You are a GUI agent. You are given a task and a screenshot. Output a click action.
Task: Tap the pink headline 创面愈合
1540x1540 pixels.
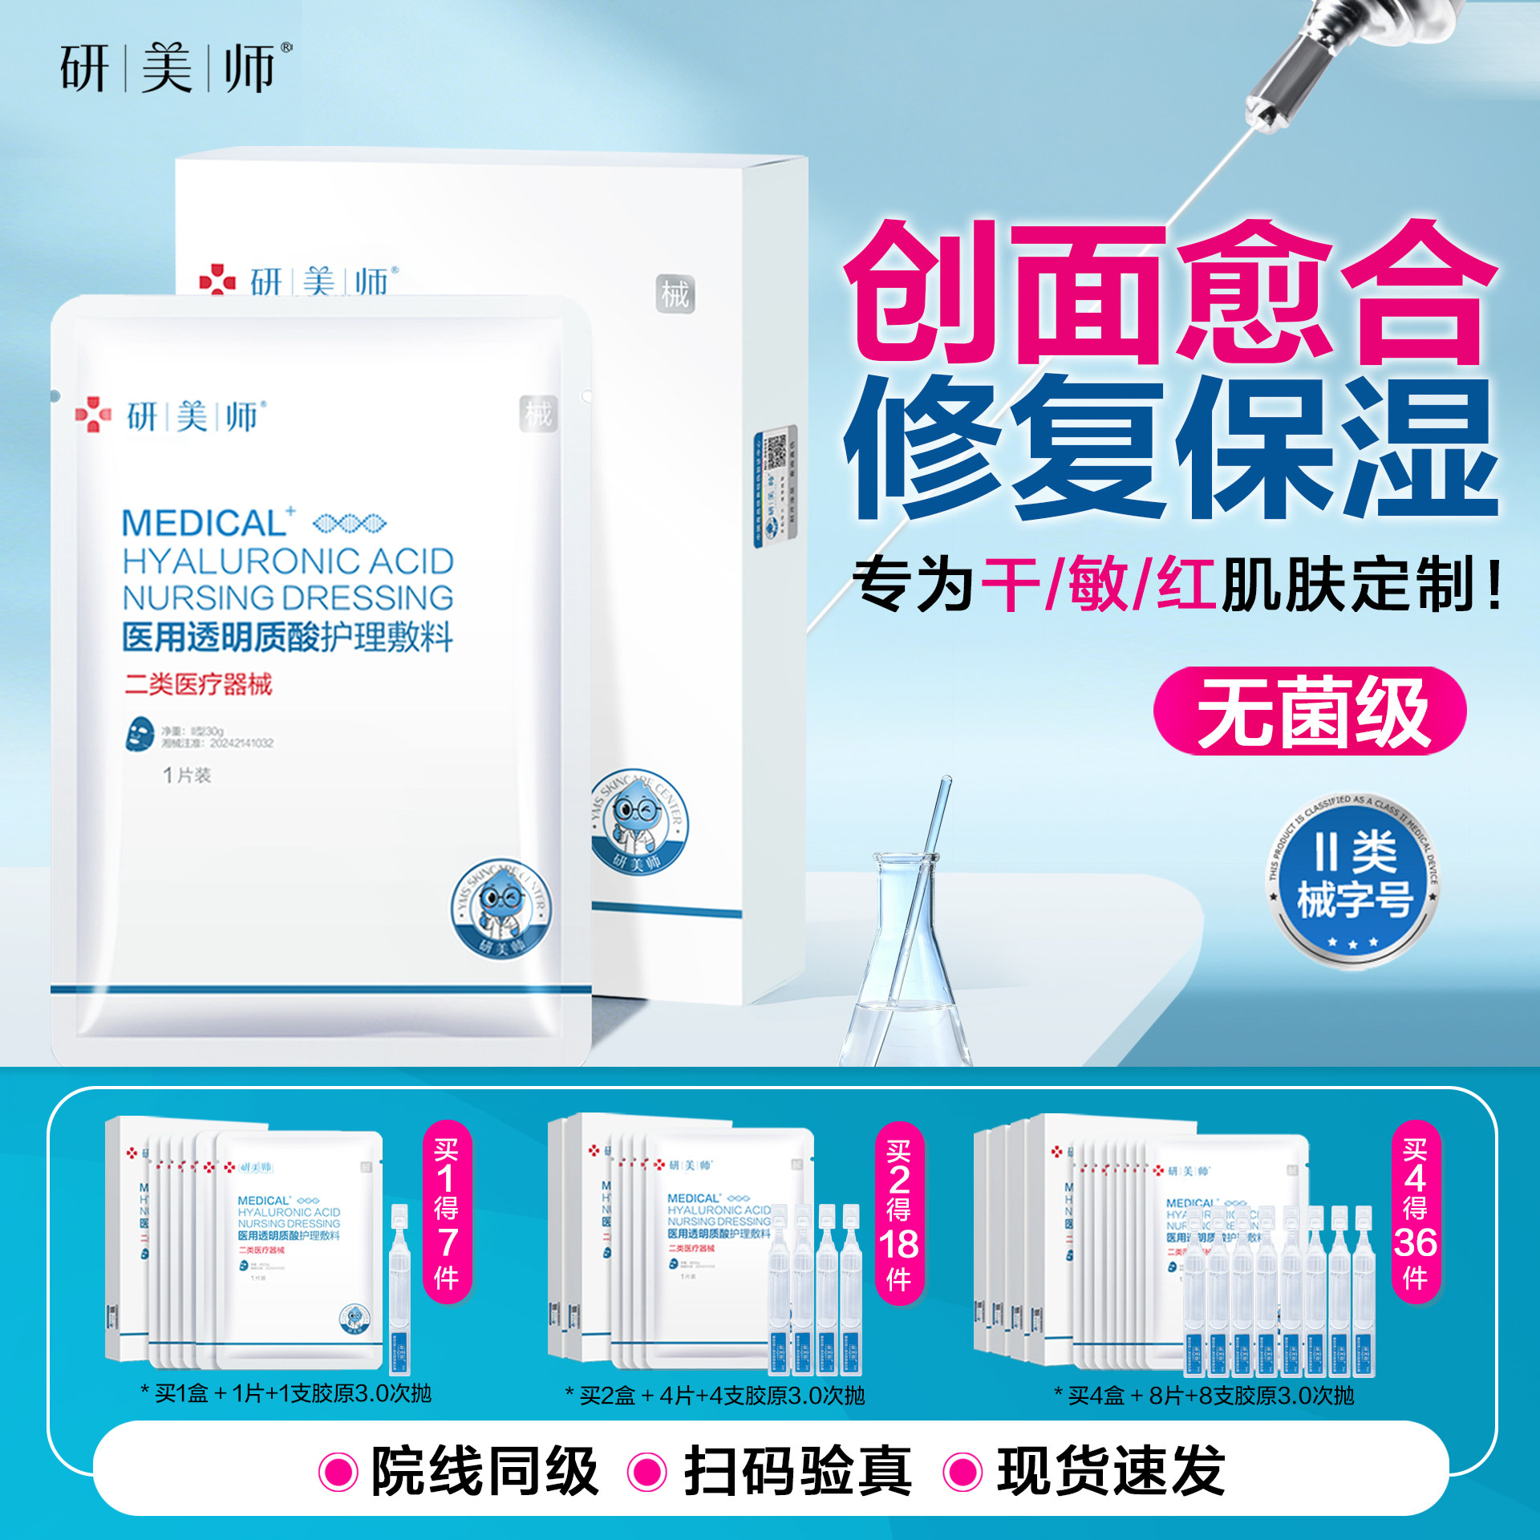(1171, 293)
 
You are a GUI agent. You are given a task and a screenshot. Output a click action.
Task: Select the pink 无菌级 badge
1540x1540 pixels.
(1309, 711)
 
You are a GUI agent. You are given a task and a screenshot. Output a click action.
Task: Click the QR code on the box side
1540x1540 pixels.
(775, 452)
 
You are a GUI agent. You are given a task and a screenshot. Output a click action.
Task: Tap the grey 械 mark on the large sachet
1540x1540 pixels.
(538, 414)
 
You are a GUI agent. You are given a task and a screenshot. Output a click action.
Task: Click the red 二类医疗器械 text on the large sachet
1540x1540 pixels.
(198, 684)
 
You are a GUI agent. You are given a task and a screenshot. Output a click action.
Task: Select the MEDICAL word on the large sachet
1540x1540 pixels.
(204, 524)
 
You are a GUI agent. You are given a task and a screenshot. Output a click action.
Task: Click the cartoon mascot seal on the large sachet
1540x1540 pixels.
(501, 910)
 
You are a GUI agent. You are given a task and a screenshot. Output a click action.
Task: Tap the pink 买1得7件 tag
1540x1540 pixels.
(447, 1212)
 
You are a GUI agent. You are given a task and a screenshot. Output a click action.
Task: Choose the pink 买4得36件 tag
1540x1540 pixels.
(1415, 1212)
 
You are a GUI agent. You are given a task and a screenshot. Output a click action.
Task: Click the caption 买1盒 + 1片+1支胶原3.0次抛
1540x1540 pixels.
(286, 1393)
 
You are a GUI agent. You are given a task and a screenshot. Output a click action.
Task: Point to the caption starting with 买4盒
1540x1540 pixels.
(1203, 1396)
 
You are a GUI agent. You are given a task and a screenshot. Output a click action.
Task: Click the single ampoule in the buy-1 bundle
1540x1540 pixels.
(399, 1291)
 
